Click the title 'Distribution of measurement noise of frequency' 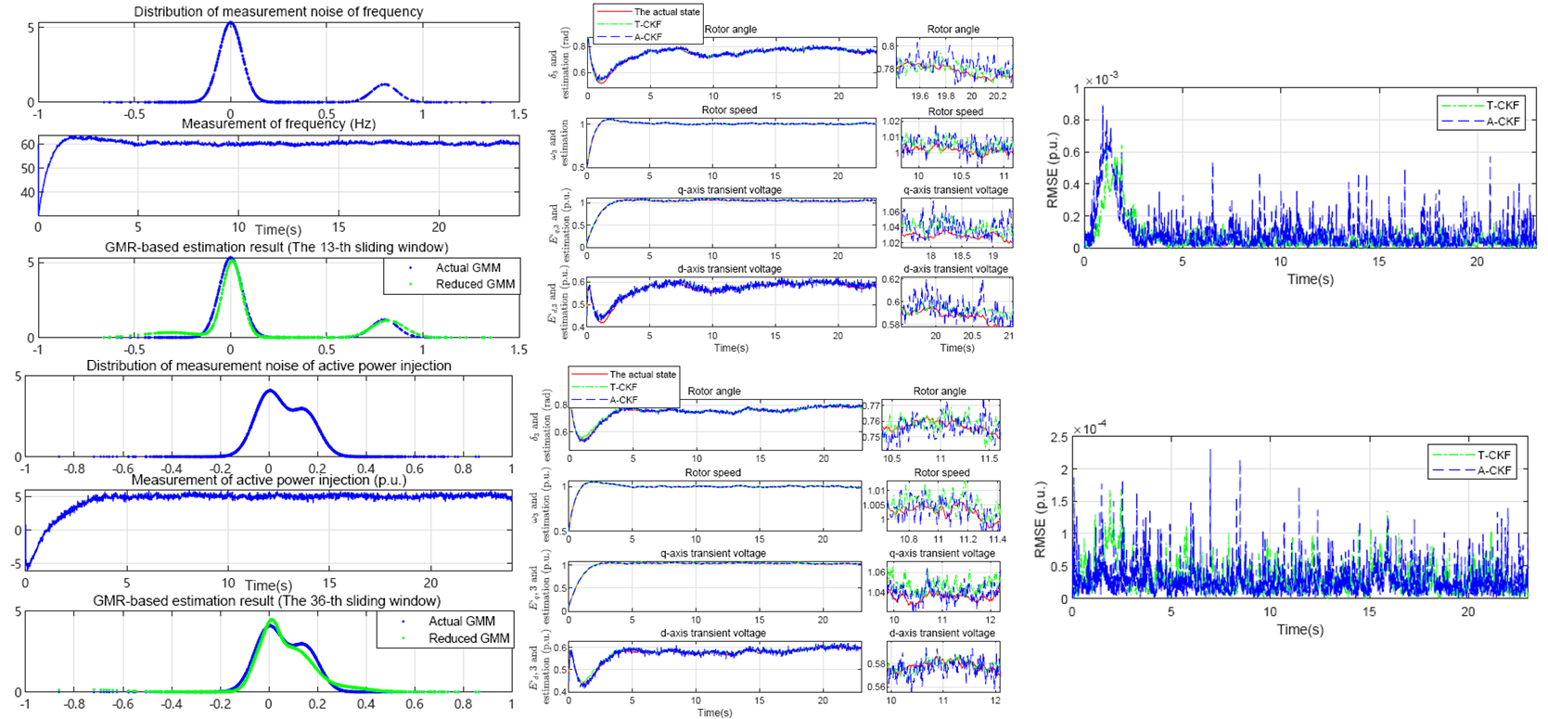coord(278,12)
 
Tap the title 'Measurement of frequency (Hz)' coord(277,123)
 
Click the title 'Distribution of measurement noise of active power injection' coord(269,366)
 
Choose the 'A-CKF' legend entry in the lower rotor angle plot coord(623,400)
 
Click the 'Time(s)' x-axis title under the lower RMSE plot coord(1299,629)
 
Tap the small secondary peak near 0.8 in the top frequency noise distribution coord(384,85)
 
